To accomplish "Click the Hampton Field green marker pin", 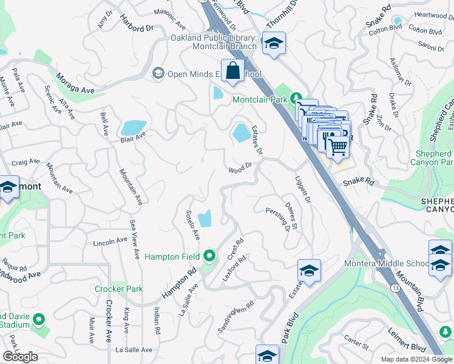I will click(209, 256).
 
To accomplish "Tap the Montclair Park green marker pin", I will click(296, 98).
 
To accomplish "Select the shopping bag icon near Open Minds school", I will click(232, 72).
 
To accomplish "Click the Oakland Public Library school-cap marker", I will click(274, 44).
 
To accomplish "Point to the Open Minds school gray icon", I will click(158, 73).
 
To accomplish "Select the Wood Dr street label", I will click(240, 168).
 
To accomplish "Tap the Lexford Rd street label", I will click(234, 268).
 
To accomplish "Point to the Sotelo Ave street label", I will click(191, 223).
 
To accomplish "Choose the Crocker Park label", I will click(119, 289).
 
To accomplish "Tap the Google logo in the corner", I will click(20, 357).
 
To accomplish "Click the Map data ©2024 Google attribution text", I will click(416, 359).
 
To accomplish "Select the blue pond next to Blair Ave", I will click(133, 127).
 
